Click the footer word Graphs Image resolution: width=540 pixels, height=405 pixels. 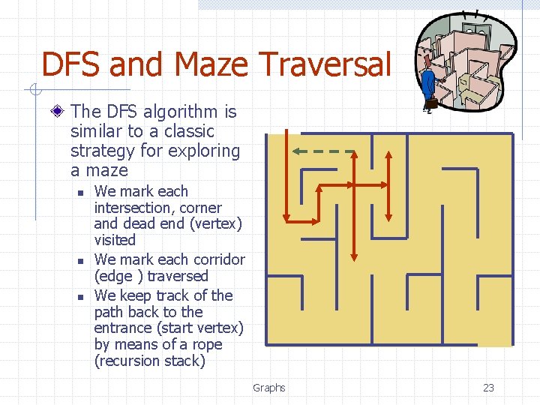tap(269, 388)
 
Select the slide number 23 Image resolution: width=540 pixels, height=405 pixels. tap(488, 388)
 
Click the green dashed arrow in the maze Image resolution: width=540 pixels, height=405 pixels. tap(323, 151)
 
